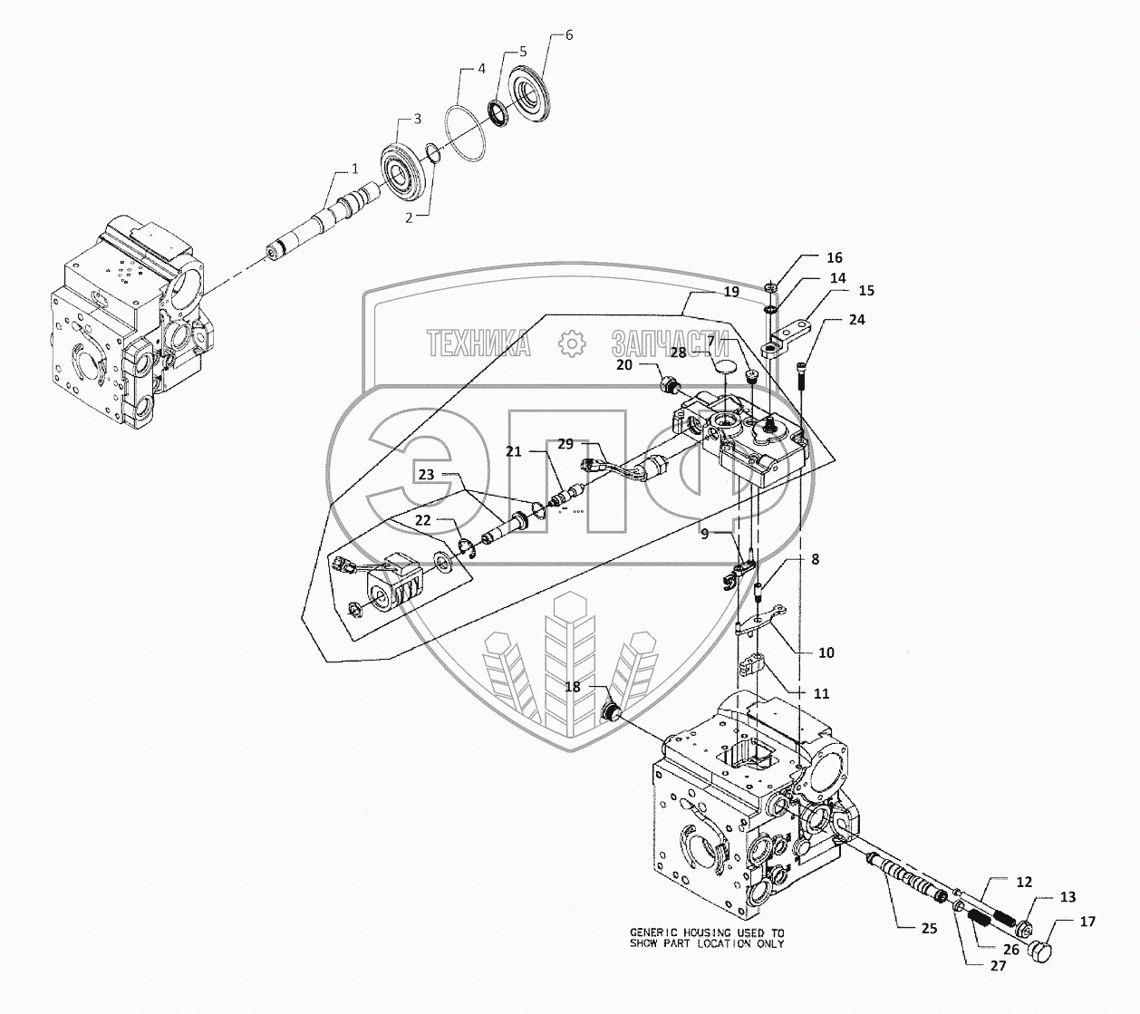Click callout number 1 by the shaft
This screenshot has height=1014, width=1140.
(355, 168)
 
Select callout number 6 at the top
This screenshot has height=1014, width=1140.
(568, 35)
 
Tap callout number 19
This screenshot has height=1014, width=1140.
(731, 292)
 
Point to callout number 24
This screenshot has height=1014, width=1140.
(857, 320)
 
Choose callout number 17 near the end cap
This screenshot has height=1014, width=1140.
(1088, 922)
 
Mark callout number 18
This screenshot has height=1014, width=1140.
(573, 686)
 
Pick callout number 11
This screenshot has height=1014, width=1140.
(822, 693)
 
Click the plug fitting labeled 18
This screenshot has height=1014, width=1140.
(612, 710)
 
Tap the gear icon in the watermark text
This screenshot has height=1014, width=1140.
(571, 343)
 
